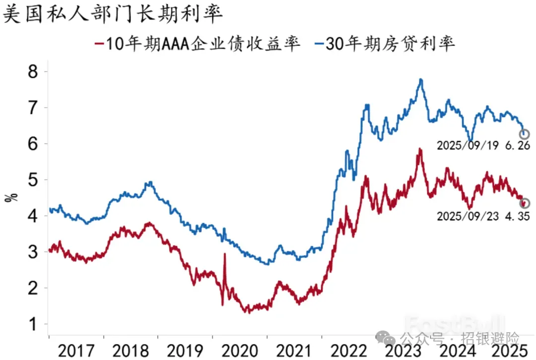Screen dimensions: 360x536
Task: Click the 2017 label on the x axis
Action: (x=76, y=350)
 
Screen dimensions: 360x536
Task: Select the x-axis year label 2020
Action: (x=240, y=350)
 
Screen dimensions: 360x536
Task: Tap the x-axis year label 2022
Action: (x=349, y=350)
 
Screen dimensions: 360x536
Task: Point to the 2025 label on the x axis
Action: (x=507, y=350)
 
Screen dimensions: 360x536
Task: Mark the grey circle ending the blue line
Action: (x=524, y=135)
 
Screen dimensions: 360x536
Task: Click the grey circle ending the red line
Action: (x=525, y=203)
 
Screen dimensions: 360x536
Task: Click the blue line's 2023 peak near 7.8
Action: (x=421, y=79)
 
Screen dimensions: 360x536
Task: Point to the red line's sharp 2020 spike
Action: (x=224, y=254)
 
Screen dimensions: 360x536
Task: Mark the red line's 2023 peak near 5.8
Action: (x=420, y=149)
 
